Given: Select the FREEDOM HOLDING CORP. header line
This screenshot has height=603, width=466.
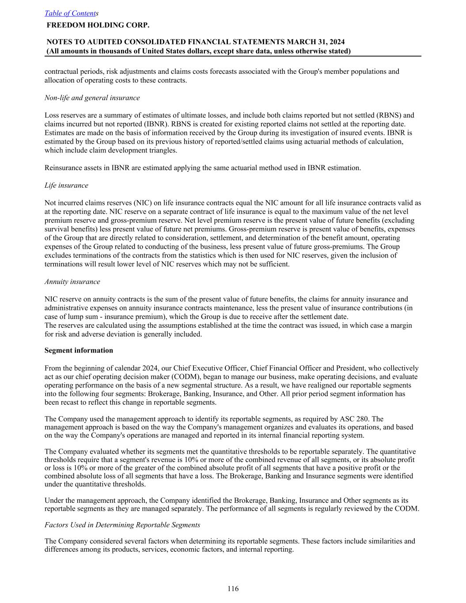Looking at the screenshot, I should pyautogui.click(x=98, y=25).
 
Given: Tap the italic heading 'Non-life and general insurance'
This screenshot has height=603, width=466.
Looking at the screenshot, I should pyautogui.click(x=92, y=98).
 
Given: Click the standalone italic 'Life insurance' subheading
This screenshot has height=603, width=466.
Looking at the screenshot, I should pyautogui.click(x=66, y=185).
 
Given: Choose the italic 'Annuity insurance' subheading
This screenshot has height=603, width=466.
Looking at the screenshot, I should pyautogui.click(x=72, y=281).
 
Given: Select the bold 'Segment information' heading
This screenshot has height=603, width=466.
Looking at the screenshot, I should pyautogui.click(x=79, y=350).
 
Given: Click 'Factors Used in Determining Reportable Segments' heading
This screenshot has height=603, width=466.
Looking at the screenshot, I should pyautogui.click(x=122, y=525).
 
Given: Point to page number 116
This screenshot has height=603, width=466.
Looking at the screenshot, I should pyautogui.click(x=233, y=588).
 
